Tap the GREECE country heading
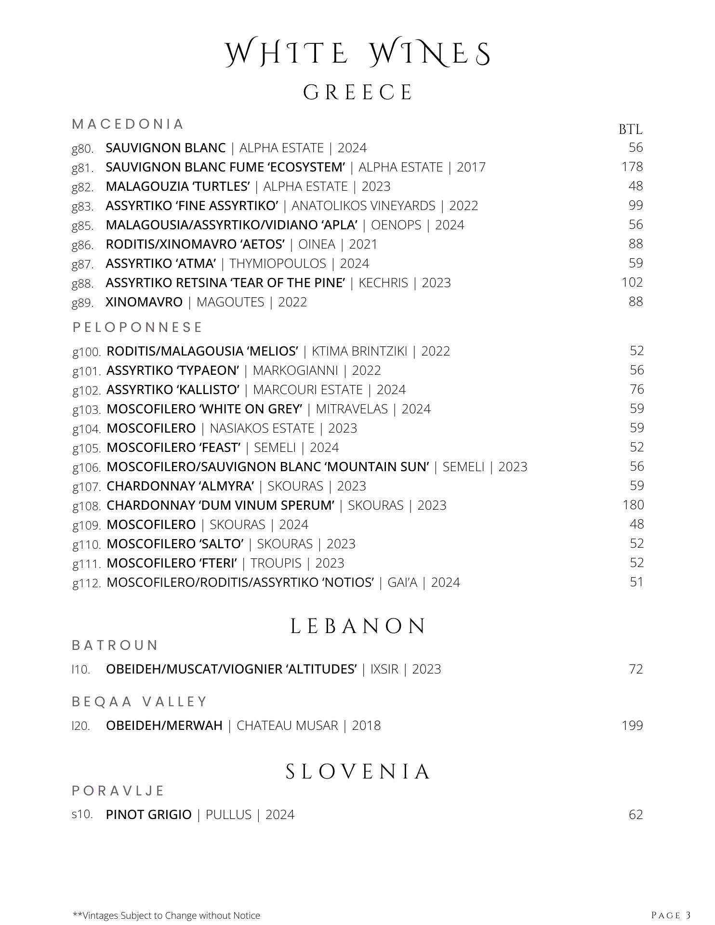click(357, 92)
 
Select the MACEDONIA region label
click(128, 124)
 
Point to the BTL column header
click(630, 129)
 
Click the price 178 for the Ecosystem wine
click(632, 167)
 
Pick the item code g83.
click(82, 206)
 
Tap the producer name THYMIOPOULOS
click(278, 264)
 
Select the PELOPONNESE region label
click(137, 327)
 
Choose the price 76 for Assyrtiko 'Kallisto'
click(636, 389)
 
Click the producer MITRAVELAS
click(351, 409)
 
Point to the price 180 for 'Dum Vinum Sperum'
click(633, 505)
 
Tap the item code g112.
click(87, 583)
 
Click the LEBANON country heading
click(357, 626)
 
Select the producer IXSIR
click(384, 669)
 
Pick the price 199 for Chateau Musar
click(632, 726)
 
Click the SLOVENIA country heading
click(357, 771)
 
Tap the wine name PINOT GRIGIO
click(148, 815)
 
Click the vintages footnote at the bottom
click(166, 915)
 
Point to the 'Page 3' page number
click(671, 915)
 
